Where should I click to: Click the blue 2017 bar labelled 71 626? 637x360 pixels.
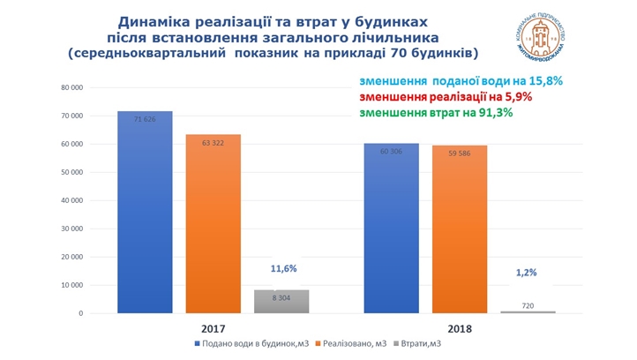[146, 212]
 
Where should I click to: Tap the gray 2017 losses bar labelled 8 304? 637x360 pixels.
[280, 301]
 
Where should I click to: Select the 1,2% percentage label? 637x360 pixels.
[526, 274]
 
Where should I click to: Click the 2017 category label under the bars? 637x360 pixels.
[214, 327]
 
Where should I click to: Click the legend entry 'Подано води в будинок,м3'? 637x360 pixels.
[250, 344]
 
